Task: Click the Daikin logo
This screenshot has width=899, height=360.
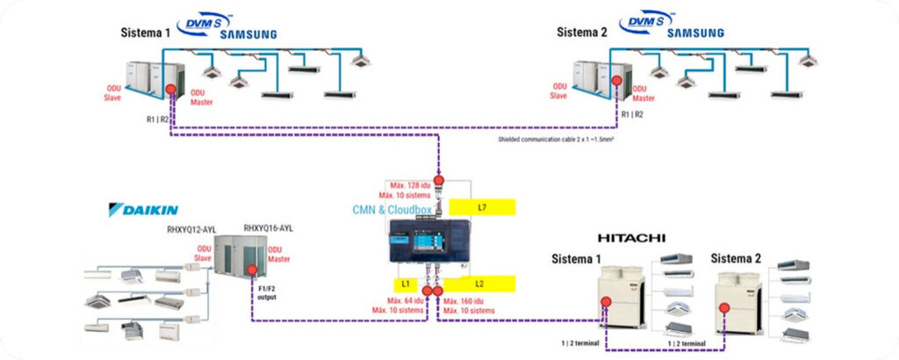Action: (143, 210)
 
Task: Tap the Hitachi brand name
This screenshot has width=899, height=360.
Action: (631, 238)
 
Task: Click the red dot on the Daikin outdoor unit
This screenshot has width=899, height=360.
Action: (252, 270)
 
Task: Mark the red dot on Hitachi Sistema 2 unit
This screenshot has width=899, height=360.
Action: (724, 308)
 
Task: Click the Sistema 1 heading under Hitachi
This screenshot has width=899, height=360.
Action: (577, 259)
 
